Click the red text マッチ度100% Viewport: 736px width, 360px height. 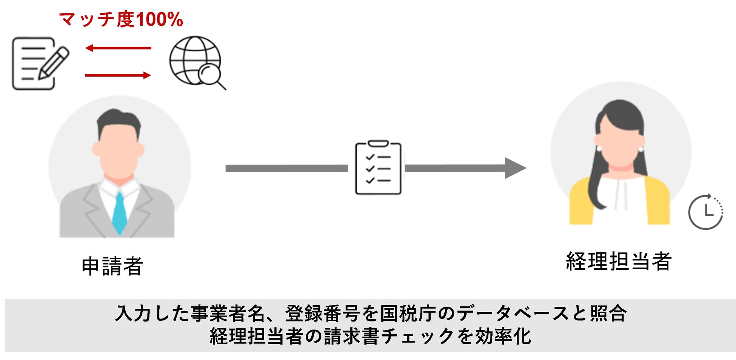coord(121,20)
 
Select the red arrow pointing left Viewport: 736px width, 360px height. coord(118,48)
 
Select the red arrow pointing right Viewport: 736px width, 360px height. coord(118,75)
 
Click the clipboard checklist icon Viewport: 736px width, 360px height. coord(378,168)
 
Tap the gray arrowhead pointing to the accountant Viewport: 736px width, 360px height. coord(515,168)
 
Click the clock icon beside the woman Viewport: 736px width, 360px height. coord(705,212)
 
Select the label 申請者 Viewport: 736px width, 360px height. coord(112,266)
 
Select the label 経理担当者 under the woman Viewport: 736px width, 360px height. coord(619,261)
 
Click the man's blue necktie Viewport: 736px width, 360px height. coord(119,213)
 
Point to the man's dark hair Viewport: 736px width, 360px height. coord(119,119)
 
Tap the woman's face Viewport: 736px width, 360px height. coord(619,147)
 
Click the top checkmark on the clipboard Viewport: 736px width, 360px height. coord(370,157)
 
